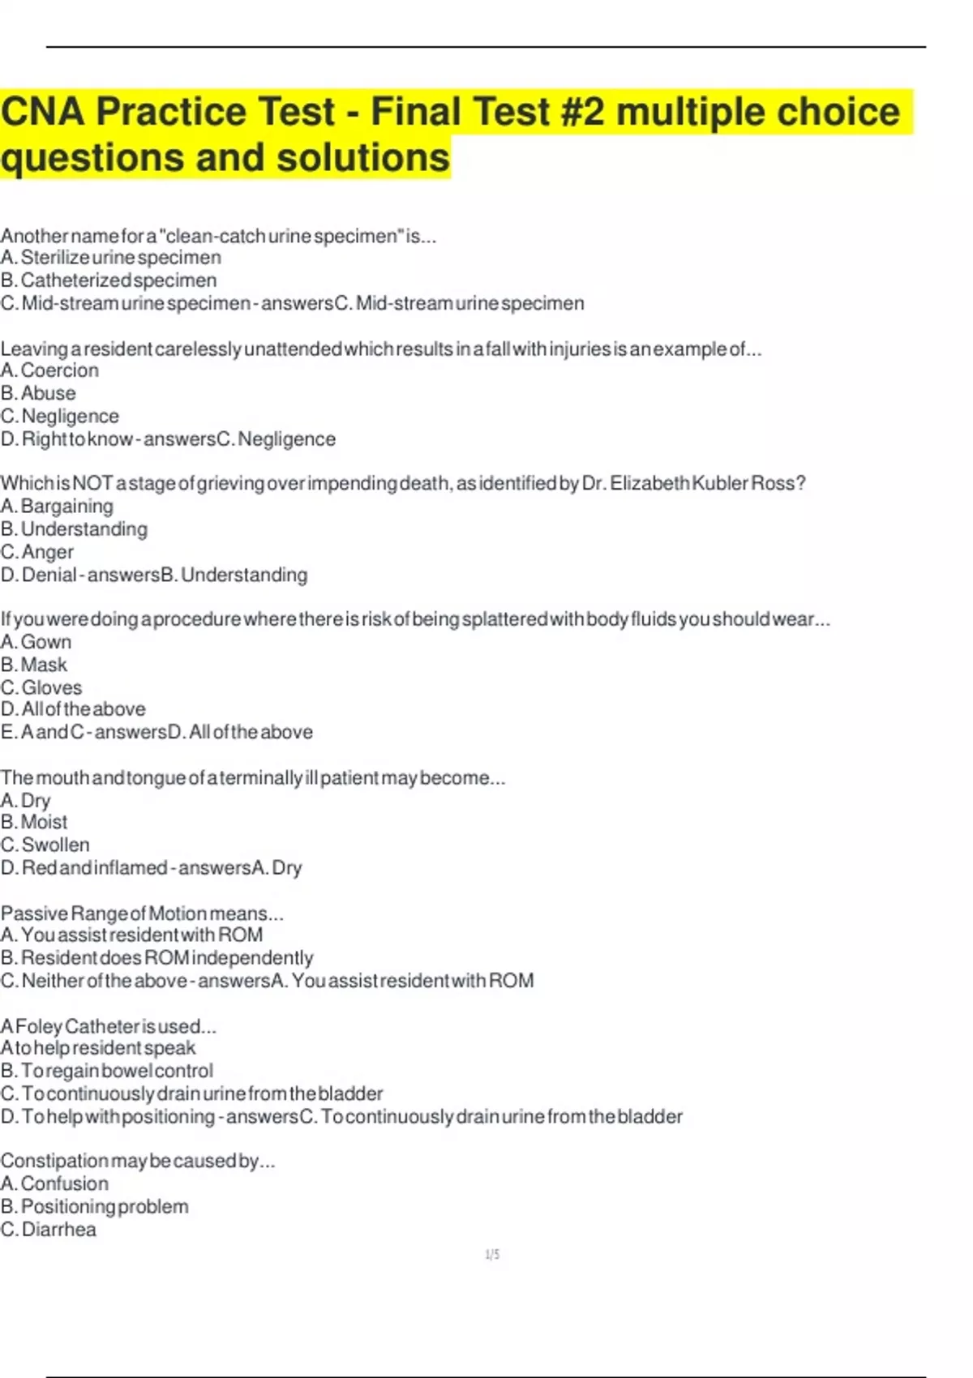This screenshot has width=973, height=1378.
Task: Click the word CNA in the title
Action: pyautogui.click(x=42, y=112)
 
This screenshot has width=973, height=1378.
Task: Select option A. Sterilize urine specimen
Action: pyautogui.click(x=111, y=258)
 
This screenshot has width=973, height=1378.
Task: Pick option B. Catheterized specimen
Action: pyautogui.click(x=109, y=280)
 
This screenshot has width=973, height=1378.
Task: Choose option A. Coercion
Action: pyautogui.click(x=50, y=370)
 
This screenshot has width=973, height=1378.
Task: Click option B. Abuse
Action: pyautogui.click(x=39, y=393)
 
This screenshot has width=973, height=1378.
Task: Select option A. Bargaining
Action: pyautogui.click(x=58, y=507)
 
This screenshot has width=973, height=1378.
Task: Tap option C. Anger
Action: pyautogui.click(x=37, y=552)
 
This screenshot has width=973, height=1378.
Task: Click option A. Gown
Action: pyautogui.click(x=36, y=642)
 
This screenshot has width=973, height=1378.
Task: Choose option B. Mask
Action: pyautogui.click(x=34, y=665)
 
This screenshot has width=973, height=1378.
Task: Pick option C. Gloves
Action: pyautogui.click(x=41, y=687)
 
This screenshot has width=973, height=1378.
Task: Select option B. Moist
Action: pyautogui.click(x=34, y=822)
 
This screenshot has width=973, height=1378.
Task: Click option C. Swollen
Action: pyautogui.click(x=45, y=845)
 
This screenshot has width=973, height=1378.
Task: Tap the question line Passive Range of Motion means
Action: pyautogui.click(x=142, y=914)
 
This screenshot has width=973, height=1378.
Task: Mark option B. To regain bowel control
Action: pyautogui.click(x=107, y=1071)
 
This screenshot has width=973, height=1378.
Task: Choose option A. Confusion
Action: pyautogui.click(x=54, y=1183)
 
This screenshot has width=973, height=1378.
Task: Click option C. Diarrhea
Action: pyautogui.click(x=49, y=1230)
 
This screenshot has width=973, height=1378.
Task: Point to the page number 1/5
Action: pyautogui.click(x=492, y=1255)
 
